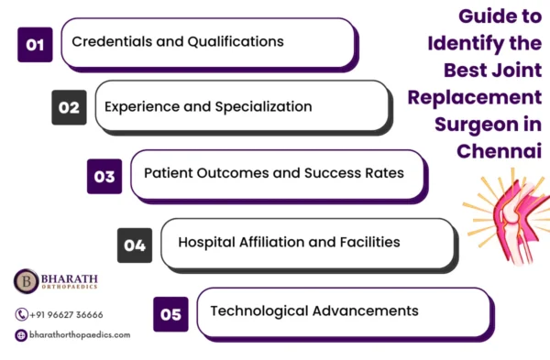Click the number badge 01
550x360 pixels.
click(x=35, y=43)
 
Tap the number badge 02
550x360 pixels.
click(x=69, y=107)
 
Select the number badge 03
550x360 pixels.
click(x=104, y=176)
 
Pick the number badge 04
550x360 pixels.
click(x=135, y=245)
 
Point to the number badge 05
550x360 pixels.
click(x=170, y=312)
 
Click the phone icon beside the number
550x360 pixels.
click(x=21, y=314)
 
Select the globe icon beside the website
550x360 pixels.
click(x=21, y=335)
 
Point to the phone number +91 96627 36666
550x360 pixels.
click(x=66, y=314)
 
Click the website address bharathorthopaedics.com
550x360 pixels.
click(x=80, y=335)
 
